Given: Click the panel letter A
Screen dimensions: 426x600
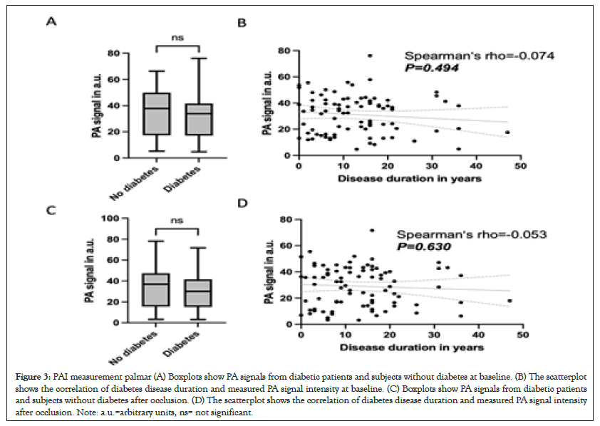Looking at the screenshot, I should click(x=51, y=22).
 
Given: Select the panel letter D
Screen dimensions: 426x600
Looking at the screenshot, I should click(x=242, y=205).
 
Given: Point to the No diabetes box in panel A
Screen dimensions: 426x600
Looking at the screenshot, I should click(x=156, y=113).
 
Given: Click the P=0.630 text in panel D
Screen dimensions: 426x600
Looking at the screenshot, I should click(x=428, y=246).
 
